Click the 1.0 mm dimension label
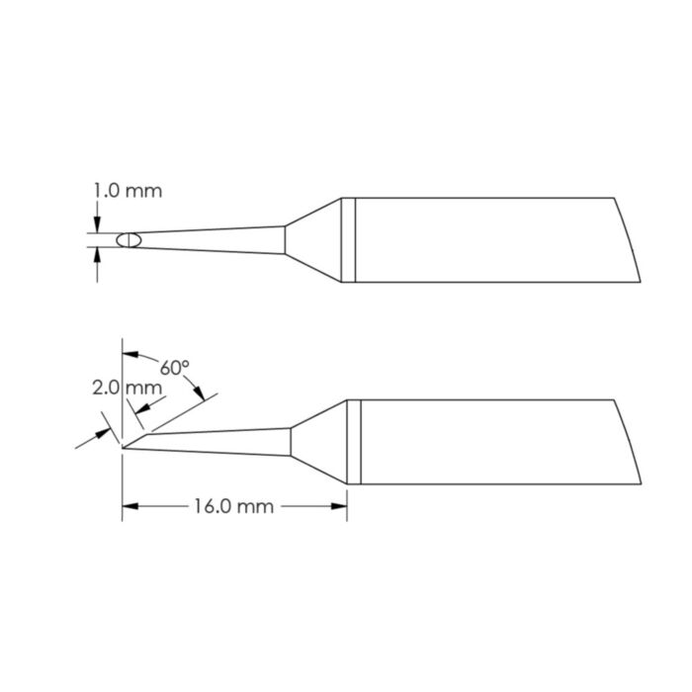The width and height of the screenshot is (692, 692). click(x=128, y=191)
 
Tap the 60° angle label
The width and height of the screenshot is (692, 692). click(x=175, y=368)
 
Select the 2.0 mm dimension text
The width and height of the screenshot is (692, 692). click(x=141, y=388)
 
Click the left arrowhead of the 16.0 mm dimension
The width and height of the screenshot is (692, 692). click(x=129, y=507)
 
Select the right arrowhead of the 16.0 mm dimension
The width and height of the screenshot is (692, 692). click(x=340, y=507)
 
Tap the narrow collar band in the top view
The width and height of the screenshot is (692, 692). click(x=348, y=240)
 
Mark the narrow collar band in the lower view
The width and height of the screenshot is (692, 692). click(x=354, y=442)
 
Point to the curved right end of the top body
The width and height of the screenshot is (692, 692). click(x=625, y=240)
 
